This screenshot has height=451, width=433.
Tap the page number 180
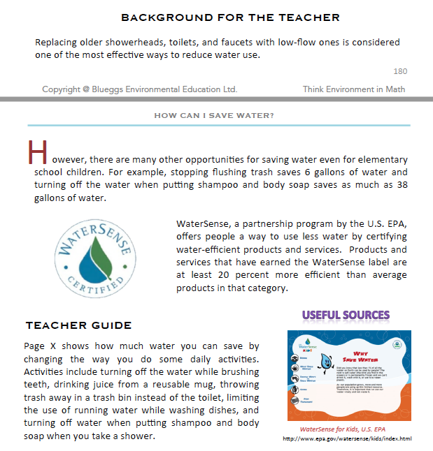pyautogui.click(x=400, y=71)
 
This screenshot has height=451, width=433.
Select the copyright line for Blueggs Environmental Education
pyautogui.click(x=139, y=89)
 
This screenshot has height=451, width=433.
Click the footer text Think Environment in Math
pyautogui.click(x=354, y=89)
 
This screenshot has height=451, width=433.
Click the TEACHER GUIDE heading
pyautogui.click(x=78, y=325)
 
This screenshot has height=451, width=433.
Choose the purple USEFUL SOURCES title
pyautogui.click(x=346, y=316)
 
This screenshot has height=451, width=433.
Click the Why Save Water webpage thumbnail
pyautogui.click(x=349, y=374)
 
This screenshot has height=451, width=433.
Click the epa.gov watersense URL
pyautogui.click(x=347, y=438)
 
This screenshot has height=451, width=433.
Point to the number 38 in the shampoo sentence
pyautogui.click(x=401, y=185)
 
